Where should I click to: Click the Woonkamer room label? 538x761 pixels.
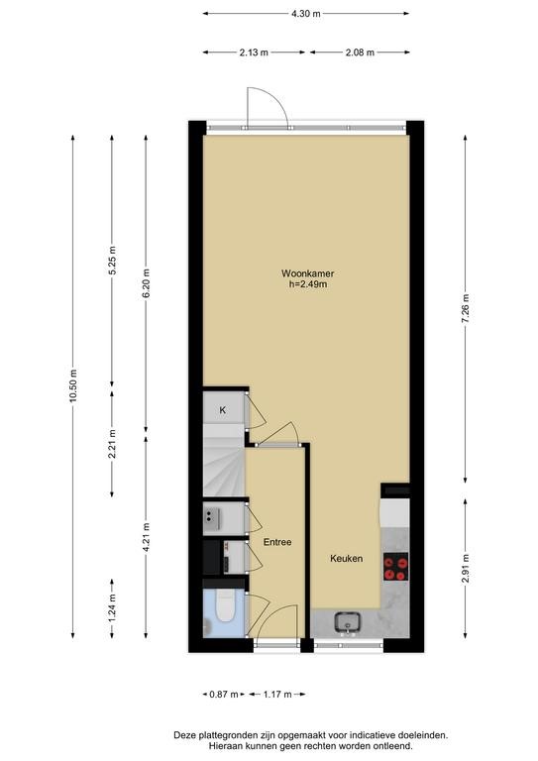[307, 273]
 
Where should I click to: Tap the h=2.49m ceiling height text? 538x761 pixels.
[308, 284]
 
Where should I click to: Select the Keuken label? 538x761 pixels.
[347, 559]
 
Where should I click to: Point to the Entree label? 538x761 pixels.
[277, 542]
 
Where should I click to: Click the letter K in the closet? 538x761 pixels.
[223, 410]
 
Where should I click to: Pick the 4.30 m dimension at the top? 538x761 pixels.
[306, 14]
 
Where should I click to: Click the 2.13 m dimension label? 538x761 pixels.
[254, 53]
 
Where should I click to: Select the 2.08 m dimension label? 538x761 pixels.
[360, 53]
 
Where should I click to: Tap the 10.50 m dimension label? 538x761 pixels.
[73, 385]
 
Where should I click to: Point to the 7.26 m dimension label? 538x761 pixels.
[466, 309]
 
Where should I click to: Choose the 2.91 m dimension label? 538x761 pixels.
[466, 568]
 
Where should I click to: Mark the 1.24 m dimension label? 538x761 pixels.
[112, 608]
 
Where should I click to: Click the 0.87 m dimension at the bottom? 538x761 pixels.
[224, 695]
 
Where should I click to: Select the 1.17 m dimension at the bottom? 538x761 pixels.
[277, 695]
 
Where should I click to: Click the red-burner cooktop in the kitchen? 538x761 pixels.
[396, 567]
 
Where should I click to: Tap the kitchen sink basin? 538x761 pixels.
[347, 621]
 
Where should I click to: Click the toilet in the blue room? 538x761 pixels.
[225, 606]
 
